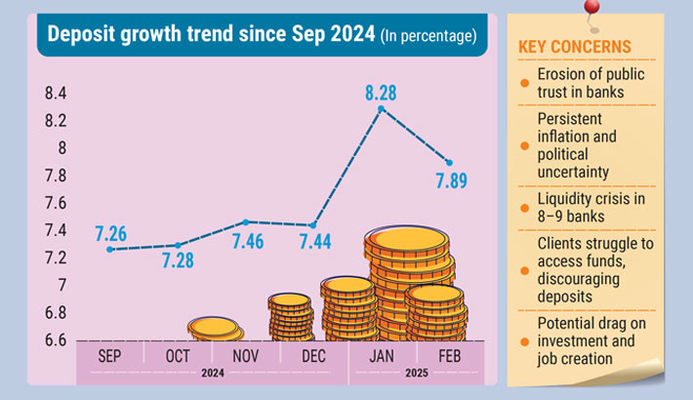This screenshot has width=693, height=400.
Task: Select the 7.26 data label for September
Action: pos(110,234)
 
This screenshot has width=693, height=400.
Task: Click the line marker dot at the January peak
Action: pos(380,108)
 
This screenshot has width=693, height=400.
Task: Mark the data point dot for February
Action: pos(448,162)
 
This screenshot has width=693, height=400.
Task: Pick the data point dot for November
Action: pos(245,221)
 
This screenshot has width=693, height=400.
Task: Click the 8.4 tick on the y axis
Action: pos(55,94)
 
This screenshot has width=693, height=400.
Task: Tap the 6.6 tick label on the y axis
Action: pos(55,340)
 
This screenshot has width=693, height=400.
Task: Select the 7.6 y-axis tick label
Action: pos(55,203)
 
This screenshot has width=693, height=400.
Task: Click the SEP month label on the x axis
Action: pos(110,356)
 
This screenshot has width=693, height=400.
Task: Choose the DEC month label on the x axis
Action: pos(314,356)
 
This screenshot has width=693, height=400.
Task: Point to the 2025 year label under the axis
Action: pos(416,373)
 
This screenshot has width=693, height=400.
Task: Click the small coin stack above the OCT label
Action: pos(215,329)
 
